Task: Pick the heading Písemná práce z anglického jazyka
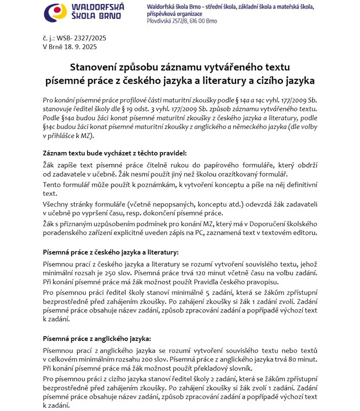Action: [x=97, y=339]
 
